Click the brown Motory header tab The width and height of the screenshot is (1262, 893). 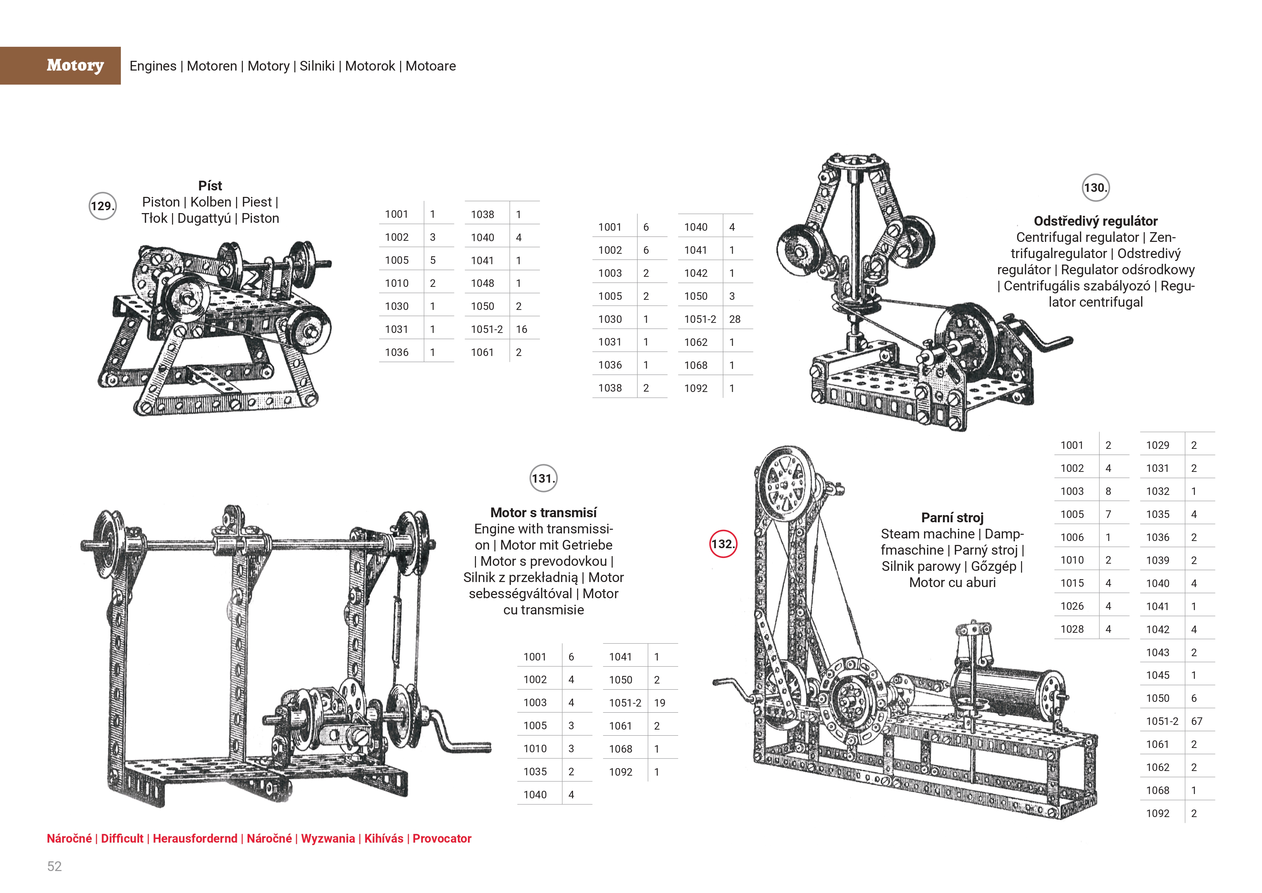click(60, 66)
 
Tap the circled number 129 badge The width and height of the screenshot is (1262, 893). click(102, 206)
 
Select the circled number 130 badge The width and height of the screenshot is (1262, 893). click(1095, 188)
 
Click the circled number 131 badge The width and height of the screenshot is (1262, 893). click(543, 478)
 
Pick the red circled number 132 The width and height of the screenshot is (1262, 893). click(723, 544)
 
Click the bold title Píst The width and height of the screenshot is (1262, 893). click(210, 186)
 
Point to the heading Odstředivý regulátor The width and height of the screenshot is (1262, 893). click(1095, 221)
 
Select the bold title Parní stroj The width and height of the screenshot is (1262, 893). click(952, 518)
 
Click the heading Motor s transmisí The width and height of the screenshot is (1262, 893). click(543, 513)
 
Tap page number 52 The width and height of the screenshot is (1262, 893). click(54, 866)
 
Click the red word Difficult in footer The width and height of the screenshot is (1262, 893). click(122, 839)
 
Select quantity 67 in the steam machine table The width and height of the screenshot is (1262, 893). click(1197, 721)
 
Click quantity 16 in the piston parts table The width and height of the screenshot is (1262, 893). click(521, 329)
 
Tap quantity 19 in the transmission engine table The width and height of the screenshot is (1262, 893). click(659, 703)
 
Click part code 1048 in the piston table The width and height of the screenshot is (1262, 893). click(482, 283)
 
